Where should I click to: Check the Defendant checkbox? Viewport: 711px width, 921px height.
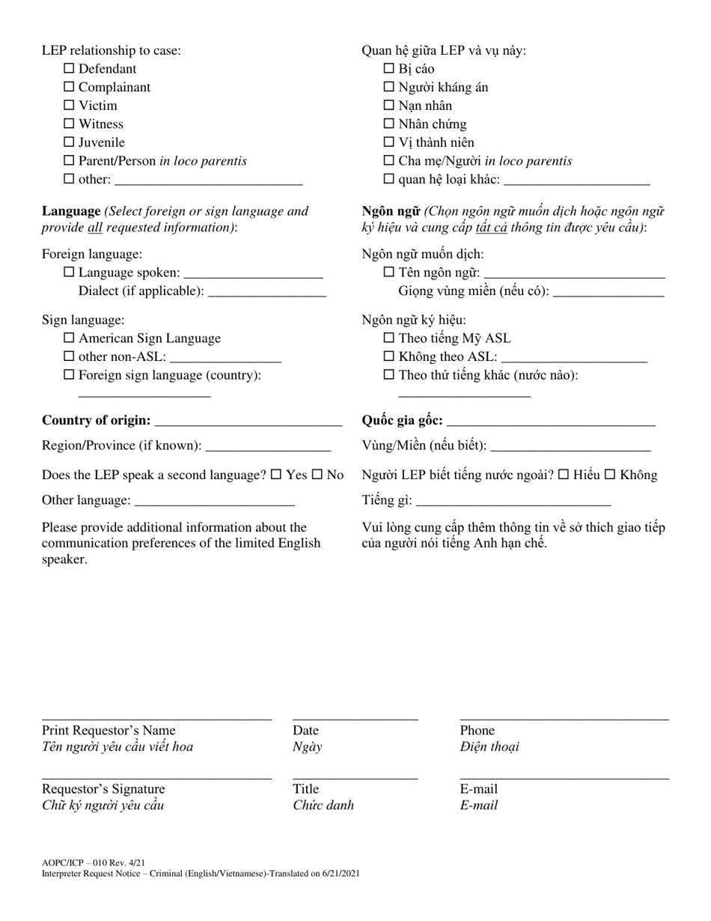[x=69, y=69]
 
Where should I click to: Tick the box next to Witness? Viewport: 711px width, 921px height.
[x=69, y=124]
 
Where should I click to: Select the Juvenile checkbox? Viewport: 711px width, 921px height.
[x=69, y=142]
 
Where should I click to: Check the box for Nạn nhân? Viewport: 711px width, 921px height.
[x=389, y=106]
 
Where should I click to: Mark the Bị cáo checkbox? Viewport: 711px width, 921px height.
[x=389, y=69]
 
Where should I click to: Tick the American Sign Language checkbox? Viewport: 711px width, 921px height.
[x=69, y=338]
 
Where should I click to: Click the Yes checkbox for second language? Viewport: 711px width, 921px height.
[x=276, y=475]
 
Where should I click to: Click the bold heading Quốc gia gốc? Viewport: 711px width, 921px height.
[x=402, y=421]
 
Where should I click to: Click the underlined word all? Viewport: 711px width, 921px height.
[x=95, y=228]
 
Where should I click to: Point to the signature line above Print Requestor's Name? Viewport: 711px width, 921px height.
[x=156, y=718]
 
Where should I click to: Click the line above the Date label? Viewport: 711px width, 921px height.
[x=355, y=718]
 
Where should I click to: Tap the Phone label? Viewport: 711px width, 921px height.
[x=477, y=731]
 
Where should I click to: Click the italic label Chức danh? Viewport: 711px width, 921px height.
[x=323, y=806]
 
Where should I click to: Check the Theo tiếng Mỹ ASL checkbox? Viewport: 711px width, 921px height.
[x=389, y=338]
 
